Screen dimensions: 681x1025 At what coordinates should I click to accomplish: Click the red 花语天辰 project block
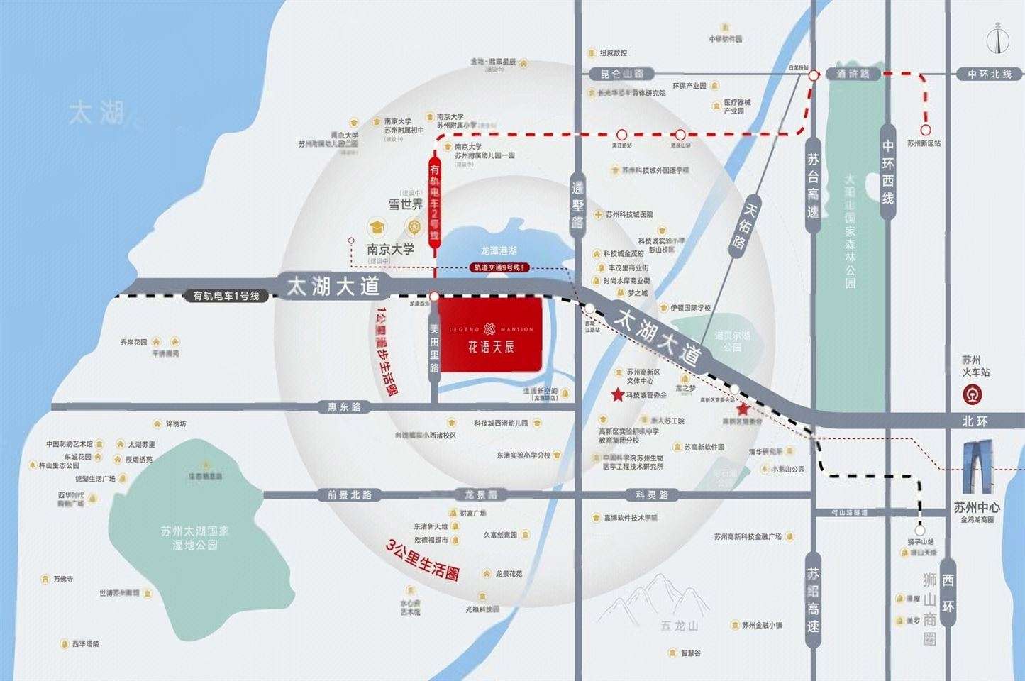[x=491, y=334]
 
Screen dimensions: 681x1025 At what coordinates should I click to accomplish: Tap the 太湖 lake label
[x=96, y=113]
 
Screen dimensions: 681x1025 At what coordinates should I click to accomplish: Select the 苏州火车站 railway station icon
[x=976, y=394]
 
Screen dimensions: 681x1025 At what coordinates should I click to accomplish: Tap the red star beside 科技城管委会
[x=618, y=395]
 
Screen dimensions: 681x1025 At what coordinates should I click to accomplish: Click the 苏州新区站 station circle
[x=925, y=130]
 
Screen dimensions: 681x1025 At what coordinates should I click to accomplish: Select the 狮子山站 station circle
[x=920, y=530]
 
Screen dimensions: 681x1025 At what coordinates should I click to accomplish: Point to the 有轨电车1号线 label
[x=226, y=296]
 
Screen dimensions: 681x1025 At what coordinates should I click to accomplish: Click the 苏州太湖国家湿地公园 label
[x=185, y=537]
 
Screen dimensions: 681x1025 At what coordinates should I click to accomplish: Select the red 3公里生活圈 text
[x=423, y=560]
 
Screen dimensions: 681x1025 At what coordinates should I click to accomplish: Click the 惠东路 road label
[x=345, y=407]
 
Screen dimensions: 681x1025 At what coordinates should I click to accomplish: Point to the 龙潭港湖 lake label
[x=499, y=250]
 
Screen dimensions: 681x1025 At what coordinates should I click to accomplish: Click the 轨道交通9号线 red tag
[x=500, y=267]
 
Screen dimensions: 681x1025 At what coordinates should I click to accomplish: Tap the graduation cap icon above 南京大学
[x=375, y=227]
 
